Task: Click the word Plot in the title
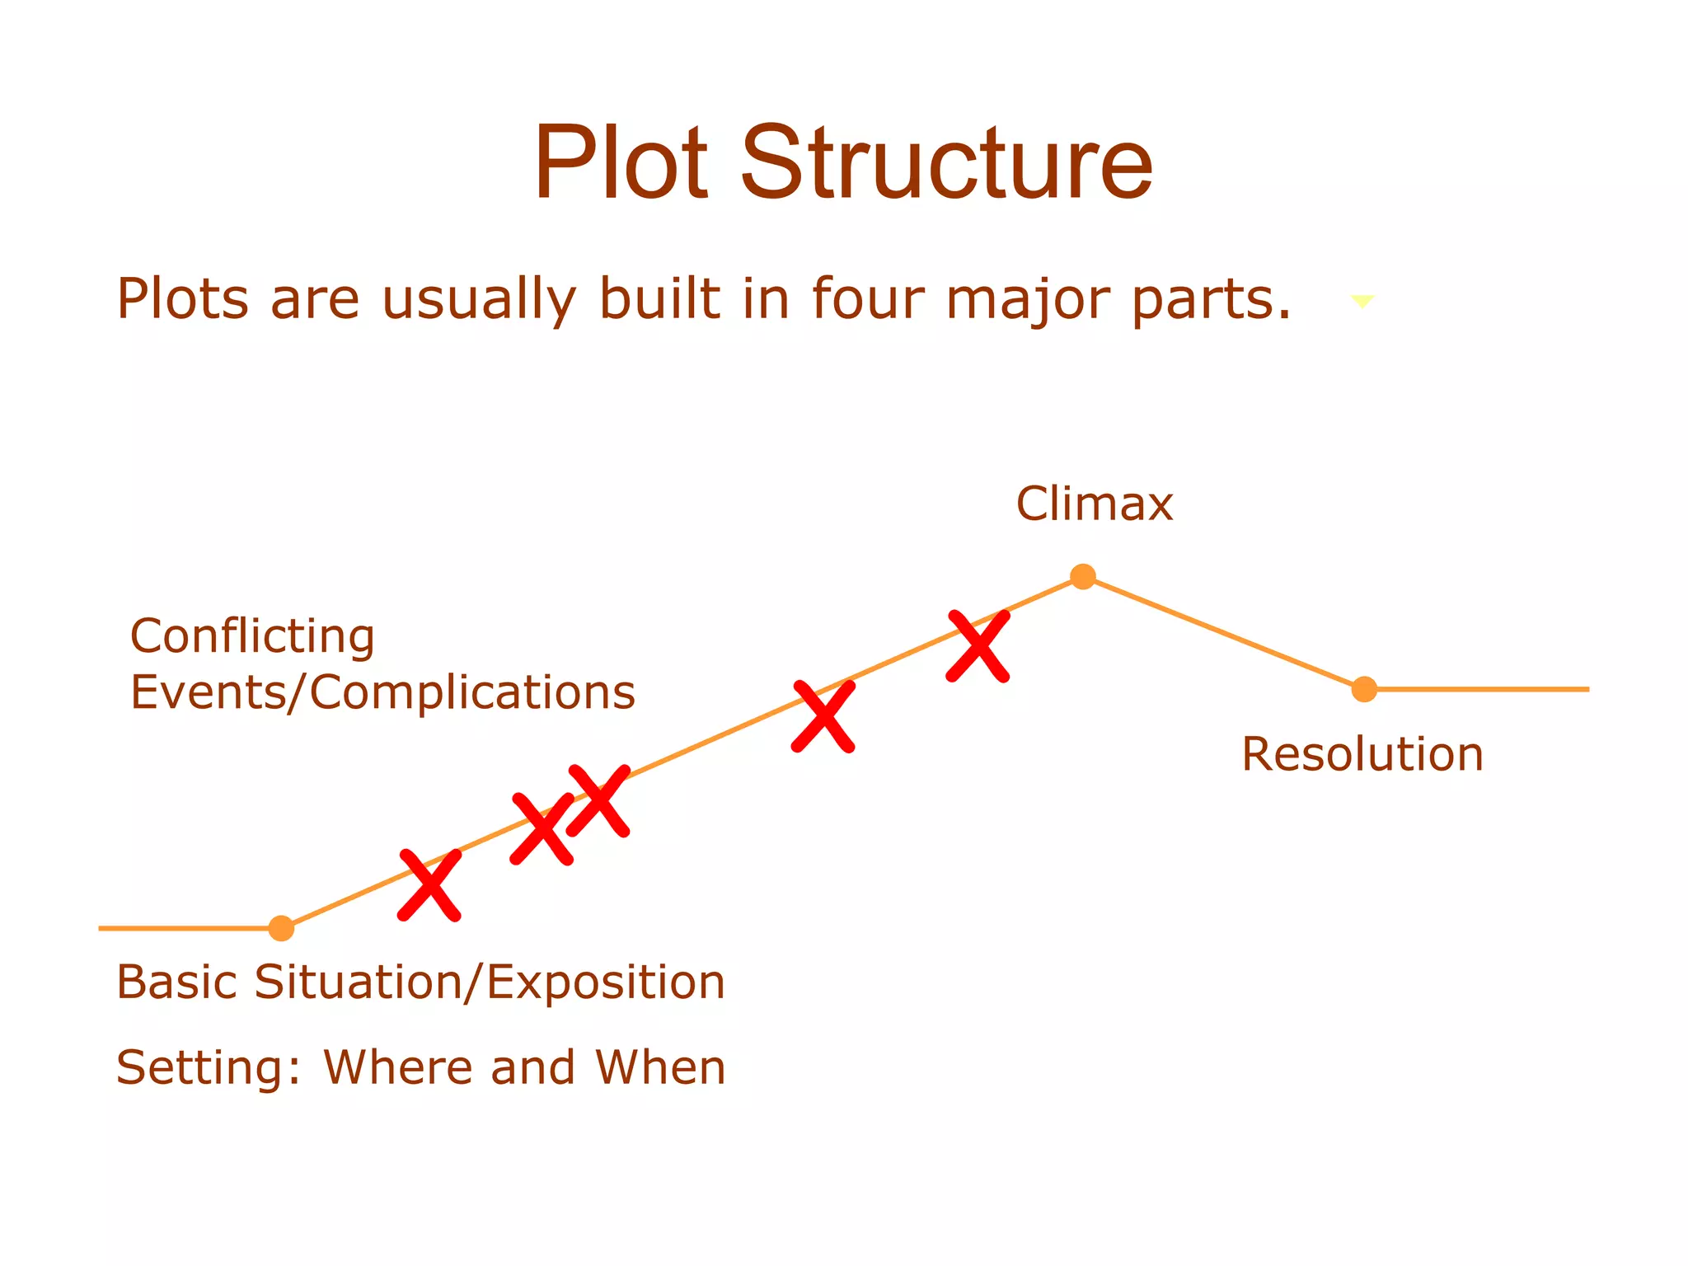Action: (621, 162)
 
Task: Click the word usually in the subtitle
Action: (478, 300)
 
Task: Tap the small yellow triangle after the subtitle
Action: (1362, 302)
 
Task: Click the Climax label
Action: (1094, 504)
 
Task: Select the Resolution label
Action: (1362, 754)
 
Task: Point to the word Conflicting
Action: (252, 637)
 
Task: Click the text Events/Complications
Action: (382, 692)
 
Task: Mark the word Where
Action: (396, 1067)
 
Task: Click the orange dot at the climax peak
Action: (1083, 577)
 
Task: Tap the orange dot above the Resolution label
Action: (1364, 689)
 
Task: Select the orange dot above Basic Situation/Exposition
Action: (281, 928)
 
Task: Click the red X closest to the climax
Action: (978, 646)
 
